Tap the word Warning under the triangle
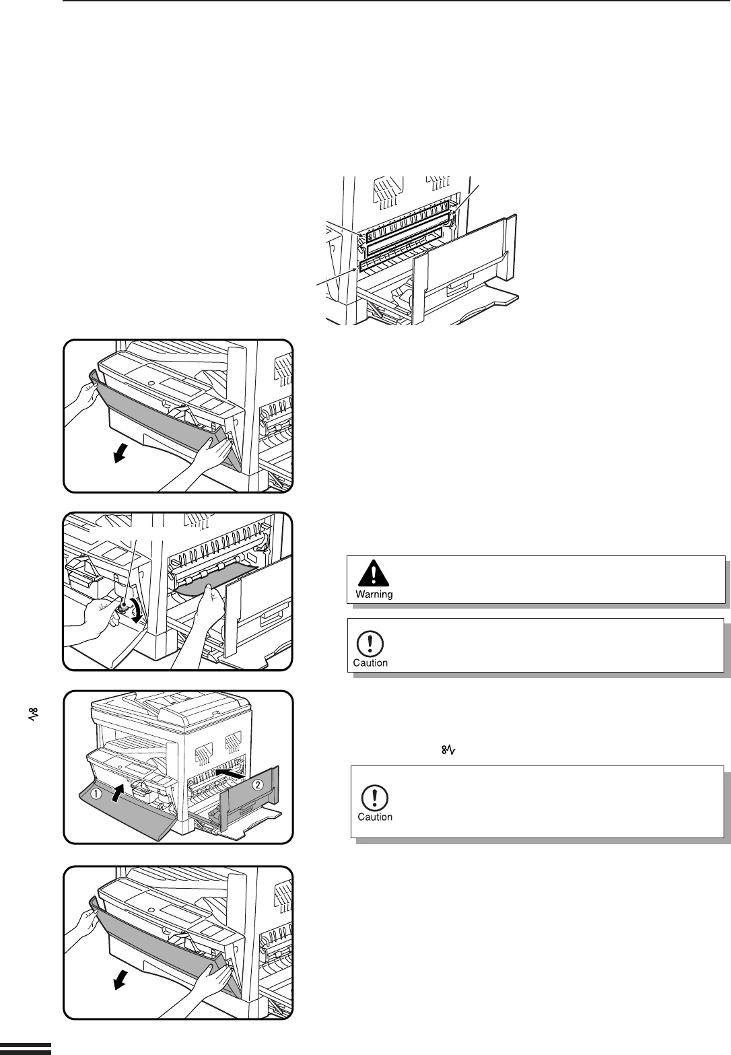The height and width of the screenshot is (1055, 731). (374, 594)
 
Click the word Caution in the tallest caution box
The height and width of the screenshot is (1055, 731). (375, 817)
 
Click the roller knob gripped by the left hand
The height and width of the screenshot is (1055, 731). (123, 607)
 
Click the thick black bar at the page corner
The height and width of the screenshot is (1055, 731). (26, 1046)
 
